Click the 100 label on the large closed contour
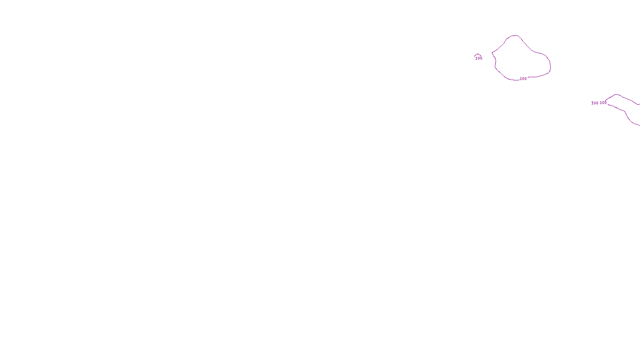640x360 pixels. pyautogui.click(x=523, y=79)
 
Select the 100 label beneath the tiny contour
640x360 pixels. pyautogui.click(x=479, y=58)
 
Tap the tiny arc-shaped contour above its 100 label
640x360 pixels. pyautogui.click(x=478, y=54)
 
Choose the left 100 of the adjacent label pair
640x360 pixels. pyautogui.click(x=595, y=103)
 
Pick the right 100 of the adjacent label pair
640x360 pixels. pyautogui.click(x=603, y=103)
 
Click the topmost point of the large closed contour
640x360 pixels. pyautogui.click(x=514, y=36)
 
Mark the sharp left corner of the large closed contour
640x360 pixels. pyautogui.click(x=492, y=52)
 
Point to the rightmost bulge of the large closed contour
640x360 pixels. pyautogui.click(x=550, y=65)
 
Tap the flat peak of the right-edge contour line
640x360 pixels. pyautogui.click(x=616, y=95)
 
